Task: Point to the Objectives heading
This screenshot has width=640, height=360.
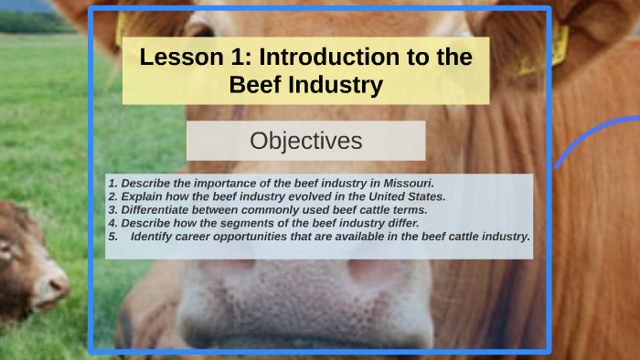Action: [x=305, y=141]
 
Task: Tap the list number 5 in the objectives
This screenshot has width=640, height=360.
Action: [x=111, y=236]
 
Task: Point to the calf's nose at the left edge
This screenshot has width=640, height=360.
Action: [x=57, y=284]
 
